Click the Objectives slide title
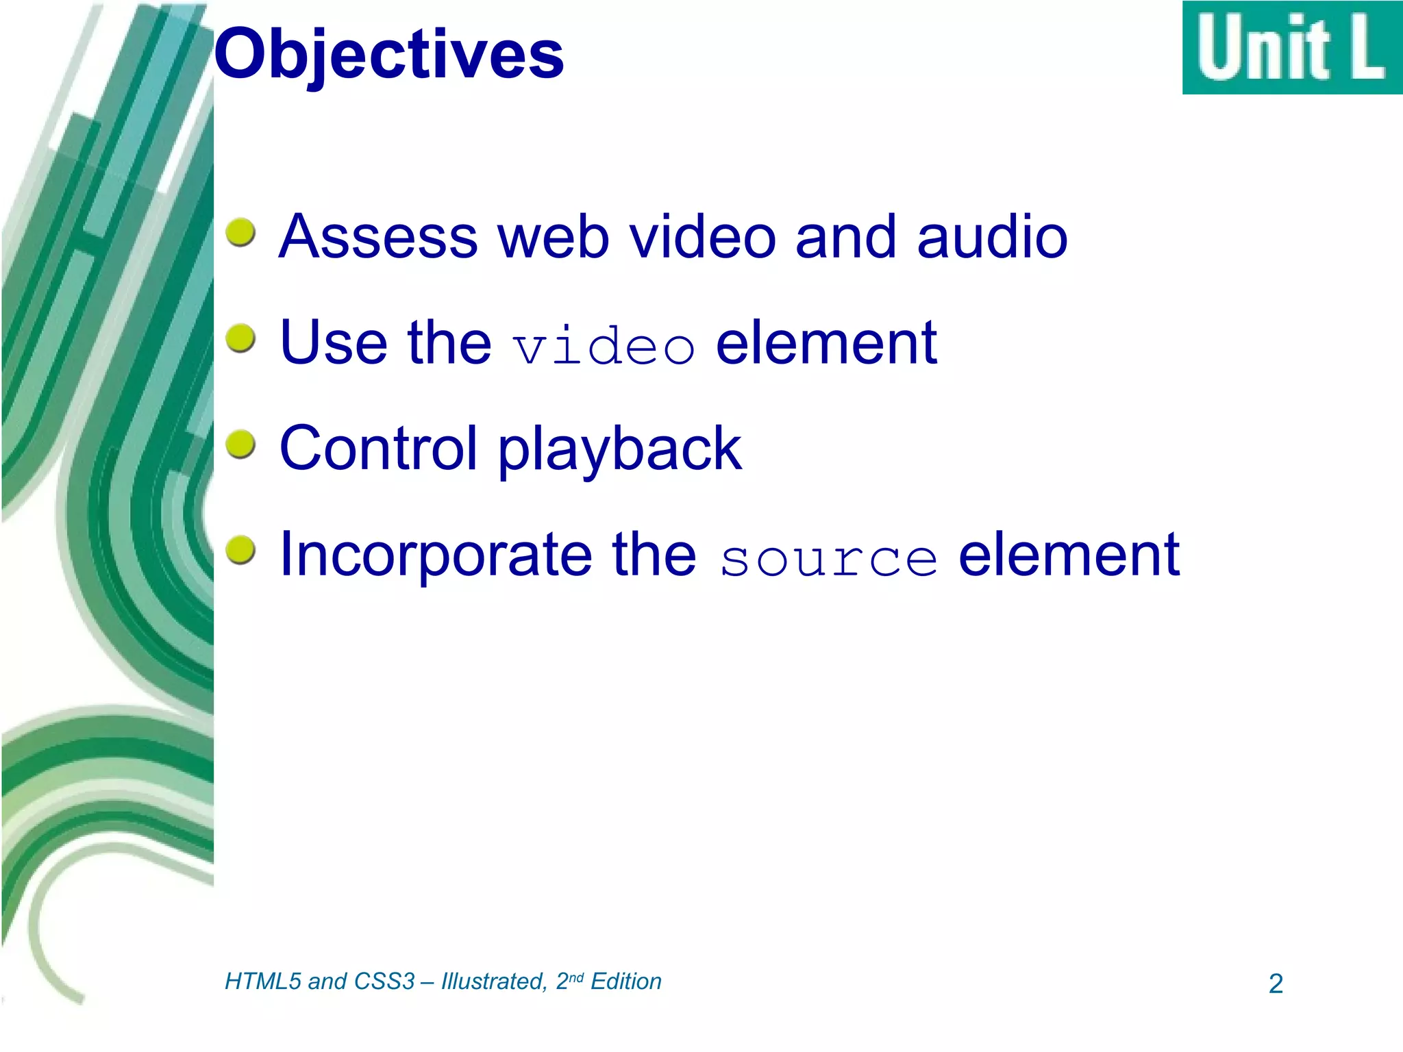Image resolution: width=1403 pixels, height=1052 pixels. (388, 55)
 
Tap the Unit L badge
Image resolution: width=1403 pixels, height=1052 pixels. (1292, 48)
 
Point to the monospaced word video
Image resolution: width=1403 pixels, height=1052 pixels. (604, 346)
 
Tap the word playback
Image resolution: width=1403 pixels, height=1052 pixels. (620, 452)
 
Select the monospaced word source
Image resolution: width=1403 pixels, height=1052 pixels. (828, 559)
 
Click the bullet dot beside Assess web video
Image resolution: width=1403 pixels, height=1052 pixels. (240, 233)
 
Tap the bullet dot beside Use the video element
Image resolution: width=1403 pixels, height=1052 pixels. (240, 338)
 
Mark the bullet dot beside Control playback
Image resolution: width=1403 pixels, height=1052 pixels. (240, 444)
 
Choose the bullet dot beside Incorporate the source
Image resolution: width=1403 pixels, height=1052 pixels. (240, 551)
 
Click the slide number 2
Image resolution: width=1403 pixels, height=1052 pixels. (1276, 984)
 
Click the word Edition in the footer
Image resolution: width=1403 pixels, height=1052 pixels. (626, 981)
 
